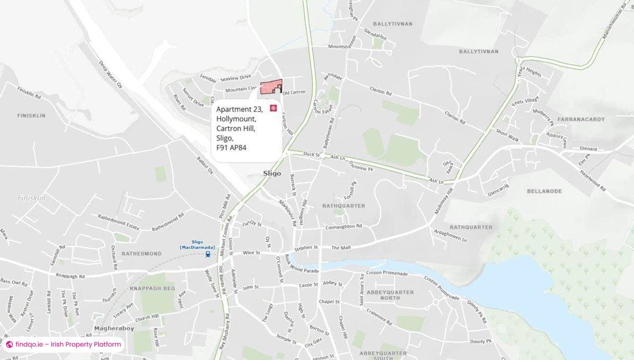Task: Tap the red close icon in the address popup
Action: coord(273,108)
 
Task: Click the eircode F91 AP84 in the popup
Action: coord(231,147)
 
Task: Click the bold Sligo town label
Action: coord(272,173)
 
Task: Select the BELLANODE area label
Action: coord(544,191)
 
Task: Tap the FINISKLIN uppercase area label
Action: coord(31,115)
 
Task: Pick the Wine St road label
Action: coord(251,253)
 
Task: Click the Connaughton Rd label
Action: coord(343,226)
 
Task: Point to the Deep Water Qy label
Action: coord(110,74)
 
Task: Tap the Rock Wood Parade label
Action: coord(302,264)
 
